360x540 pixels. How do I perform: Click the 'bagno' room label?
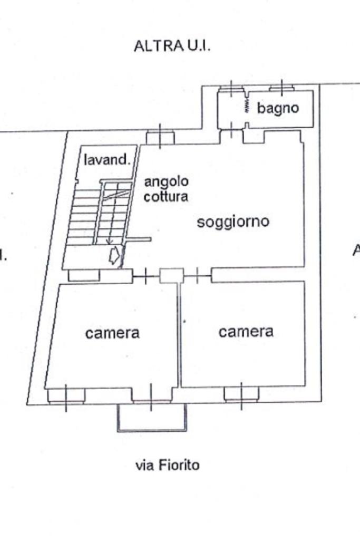click(278, 108)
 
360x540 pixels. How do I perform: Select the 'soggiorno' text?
click(233, 221)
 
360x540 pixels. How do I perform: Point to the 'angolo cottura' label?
click(166, 189)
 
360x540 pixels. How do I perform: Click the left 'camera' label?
click(113, 333)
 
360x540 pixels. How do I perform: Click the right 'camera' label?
click(246, 331)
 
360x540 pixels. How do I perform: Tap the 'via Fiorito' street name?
click(168, 465)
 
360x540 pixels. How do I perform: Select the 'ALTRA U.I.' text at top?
click(172, 46)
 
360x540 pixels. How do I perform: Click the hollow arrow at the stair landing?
click(113, 257)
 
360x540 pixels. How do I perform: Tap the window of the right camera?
click(241, 393)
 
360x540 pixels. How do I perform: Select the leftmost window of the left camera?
click(66, 396)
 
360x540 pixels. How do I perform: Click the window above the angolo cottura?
click(160, 138)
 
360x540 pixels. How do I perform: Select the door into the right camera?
click(197, 275)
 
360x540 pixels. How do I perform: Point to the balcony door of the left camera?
click(151, 395)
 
